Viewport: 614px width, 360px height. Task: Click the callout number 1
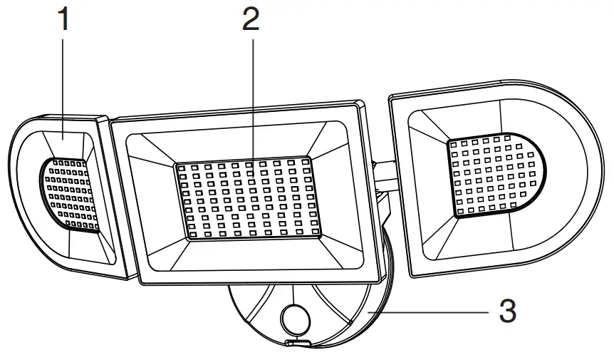click(x=65, y=20)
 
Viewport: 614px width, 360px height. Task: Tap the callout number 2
click(x=250, y=20)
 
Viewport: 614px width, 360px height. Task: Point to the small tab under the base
click(x=298, y=344)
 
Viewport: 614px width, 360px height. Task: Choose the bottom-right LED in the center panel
click(x=311, y=232)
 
